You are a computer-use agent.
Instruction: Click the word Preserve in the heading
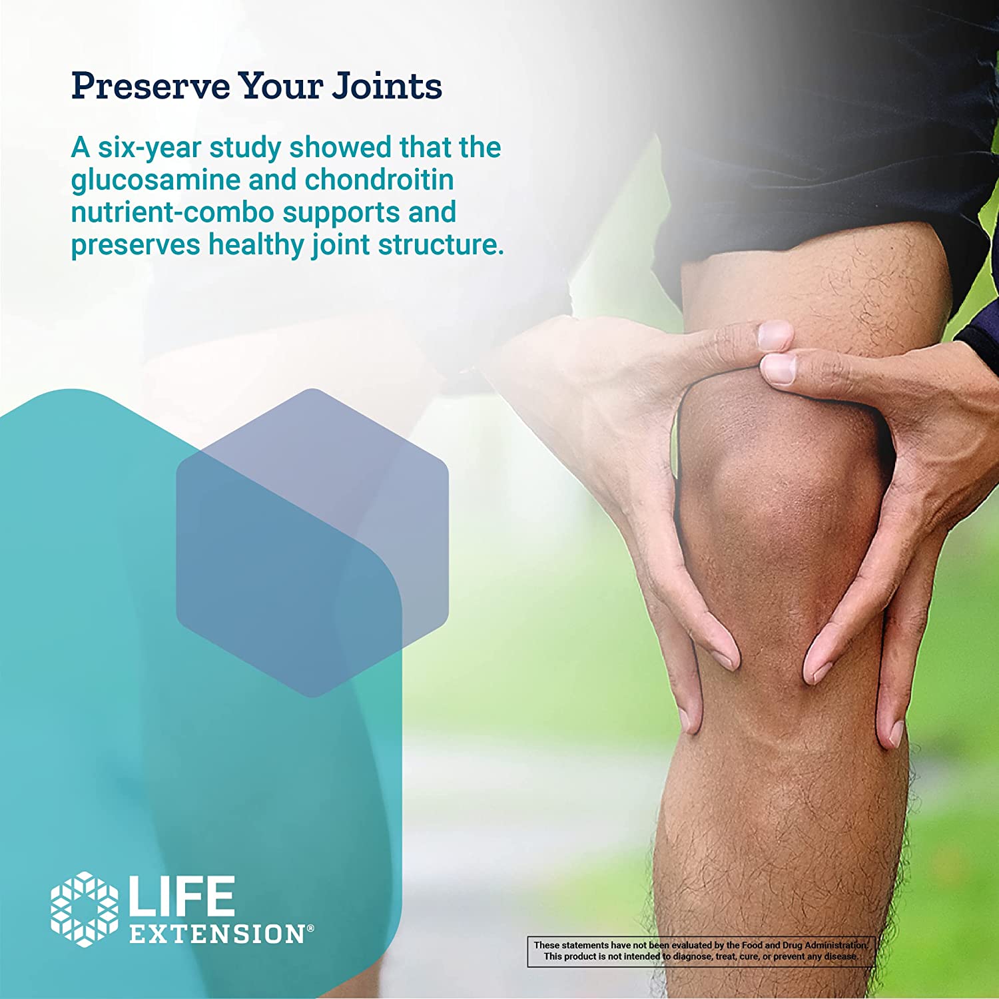(x=151, y=86)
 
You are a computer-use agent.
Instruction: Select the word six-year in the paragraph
(x=150, y=149)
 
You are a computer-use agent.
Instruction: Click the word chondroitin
(x=379, y=180)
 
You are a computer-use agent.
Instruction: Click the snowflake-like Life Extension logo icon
(x=85, y=909)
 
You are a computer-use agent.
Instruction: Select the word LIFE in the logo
(x=181, y=896)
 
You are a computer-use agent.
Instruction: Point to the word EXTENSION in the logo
(x=217, y=934)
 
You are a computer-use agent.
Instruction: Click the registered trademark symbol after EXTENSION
(x=310, y=928)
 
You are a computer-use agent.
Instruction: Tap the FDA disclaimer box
(x=701, y=952)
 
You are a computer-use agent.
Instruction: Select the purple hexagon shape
(x=312, y=543)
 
